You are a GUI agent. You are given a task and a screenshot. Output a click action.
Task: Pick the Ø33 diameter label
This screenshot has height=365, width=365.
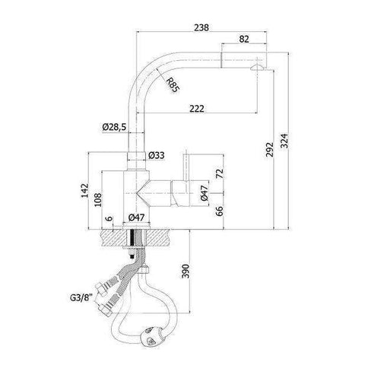coord(157,155)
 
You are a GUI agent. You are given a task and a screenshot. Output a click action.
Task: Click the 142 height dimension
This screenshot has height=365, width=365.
coord(86,189)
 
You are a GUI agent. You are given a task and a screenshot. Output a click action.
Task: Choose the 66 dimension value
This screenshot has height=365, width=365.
coord(221,211)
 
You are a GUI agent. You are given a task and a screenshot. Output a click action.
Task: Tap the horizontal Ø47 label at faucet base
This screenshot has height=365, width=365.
coord(137,218)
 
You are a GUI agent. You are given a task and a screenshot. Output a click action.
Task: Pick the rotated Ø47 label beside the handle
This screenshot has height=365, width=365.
coord(205,195)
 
